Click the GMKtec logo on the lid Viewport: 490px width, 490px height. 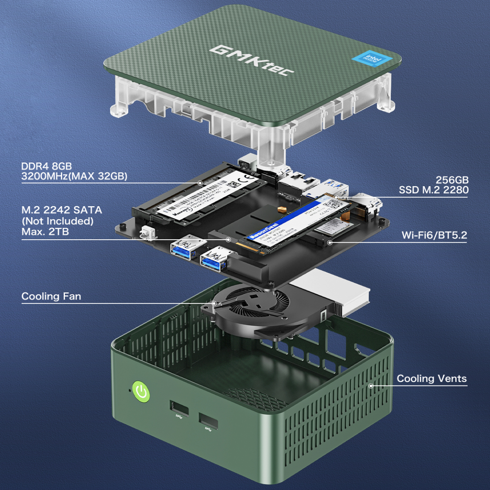[x=252, y=61]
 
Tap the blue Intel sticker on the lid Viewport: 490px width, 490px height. [x=372, y=60]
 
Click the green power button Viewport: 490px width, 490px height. [x=141, y=392]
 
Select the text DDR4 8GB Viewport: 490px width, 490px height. [x=47, y=166]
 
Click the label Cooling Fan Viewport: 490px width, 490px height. [x=51, y=296]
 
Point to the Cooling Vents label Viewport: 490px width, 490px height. [x=432, y=379]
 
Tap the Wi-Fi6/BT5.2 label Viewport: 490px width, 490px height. [x=434, y=235]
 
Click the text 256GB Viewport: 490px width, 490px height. [x=452, y=180]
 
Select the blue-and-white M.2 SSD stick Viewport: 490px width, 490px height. [x=294, y=223]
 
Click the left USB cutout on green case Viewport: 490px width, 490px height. [x=179, y=408]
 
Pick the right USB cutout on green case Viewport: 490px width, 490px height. [x=208, y=421]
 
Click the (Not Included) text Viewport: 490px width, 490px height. [x=57, y=221]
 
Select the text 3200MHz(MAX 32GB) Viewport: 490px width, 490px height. [x=74, y=176]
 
